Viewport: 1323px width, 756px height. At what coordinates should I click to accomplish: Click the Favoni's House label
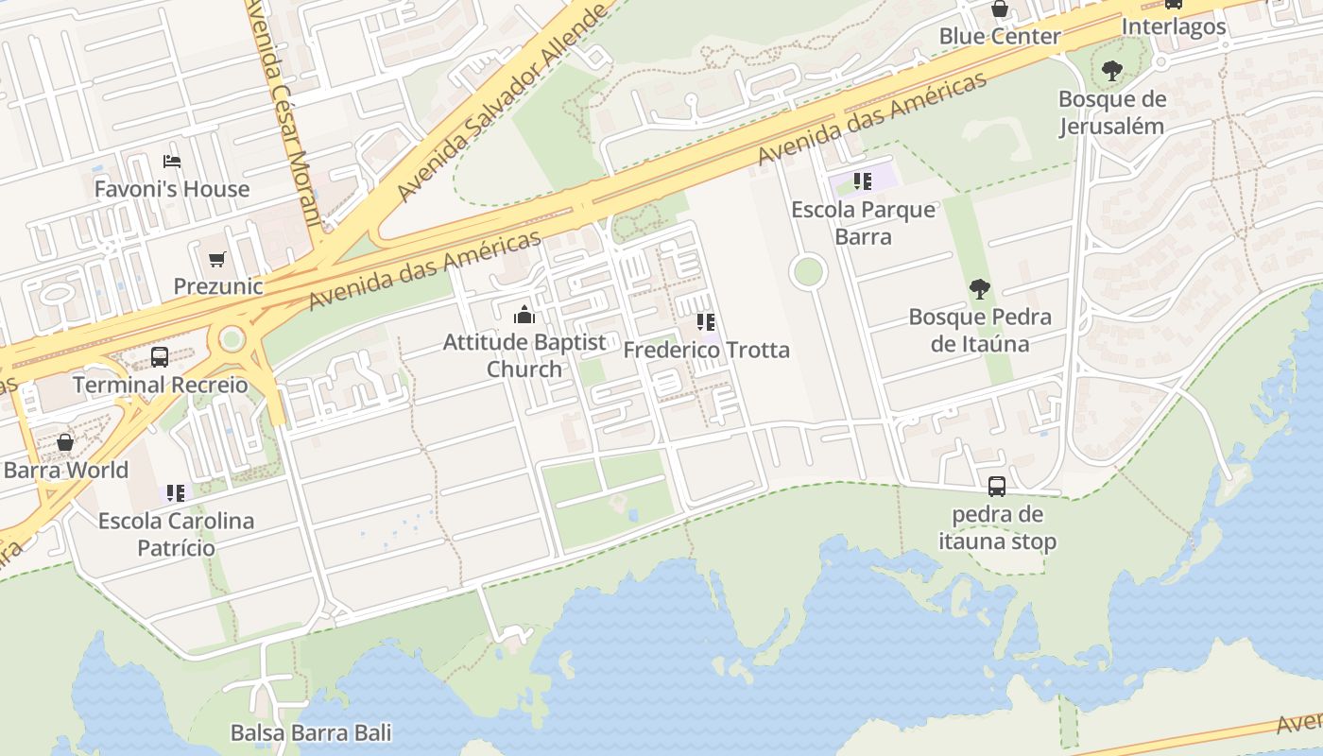[x=172, y=189]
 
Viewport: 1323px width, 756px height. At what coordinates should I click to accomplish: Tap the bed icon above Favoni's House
[x=172, y=161]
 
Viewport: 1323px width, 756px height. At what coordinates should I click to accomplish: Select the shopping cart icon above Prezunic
[x=217, y=258]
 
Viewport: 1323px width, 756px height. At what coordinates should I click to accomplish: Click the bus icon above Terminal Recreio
[x=160, y=357]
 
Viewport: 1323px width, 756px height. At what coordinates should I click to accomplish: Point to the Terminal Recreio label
[x=160, y=386]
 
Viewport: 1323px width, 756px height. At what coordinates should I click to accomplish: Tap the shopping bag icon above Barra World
[x=65, y=442]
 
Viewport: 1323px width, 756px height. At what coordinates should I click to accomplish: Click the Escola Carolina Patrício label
[x=177, y=534]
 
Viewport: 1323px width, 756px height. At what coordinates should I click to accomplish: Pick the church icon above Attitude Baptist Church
[x=524, y=315]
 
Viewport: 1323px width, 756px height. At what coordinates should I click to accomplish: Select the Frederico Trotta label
[x=706, y=351]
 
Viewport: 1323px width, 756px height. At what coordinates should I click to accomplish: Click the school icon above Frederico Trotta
[x=706, y=322]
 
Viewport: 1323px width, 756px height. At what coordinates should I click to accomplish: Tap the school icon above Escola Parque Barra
[x=862, y=180]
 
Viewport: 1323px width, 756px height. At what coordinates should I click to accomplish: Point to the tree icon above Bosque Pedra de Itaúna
[x=979, y=289]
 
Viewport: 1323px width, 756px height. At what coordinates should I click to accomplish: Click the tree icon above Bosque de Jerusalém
[x=1111, y=70]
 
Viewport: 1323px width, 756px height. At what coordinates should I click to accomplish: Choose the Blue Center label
[x=999, y=37]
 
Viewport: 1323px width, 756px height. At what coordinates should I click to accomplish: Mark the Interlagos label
[x=1174, y=26]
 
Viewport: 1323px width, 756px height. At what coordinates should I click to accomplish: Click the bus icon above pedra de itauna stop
[x=997, y=487]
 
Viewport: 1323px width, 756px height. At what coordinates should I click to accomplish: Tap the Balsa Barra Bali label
[x=311, y=732]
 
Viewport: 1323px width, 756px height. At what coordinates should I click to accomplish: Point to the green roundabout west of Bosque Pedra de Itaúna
[x=808, y=272]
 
